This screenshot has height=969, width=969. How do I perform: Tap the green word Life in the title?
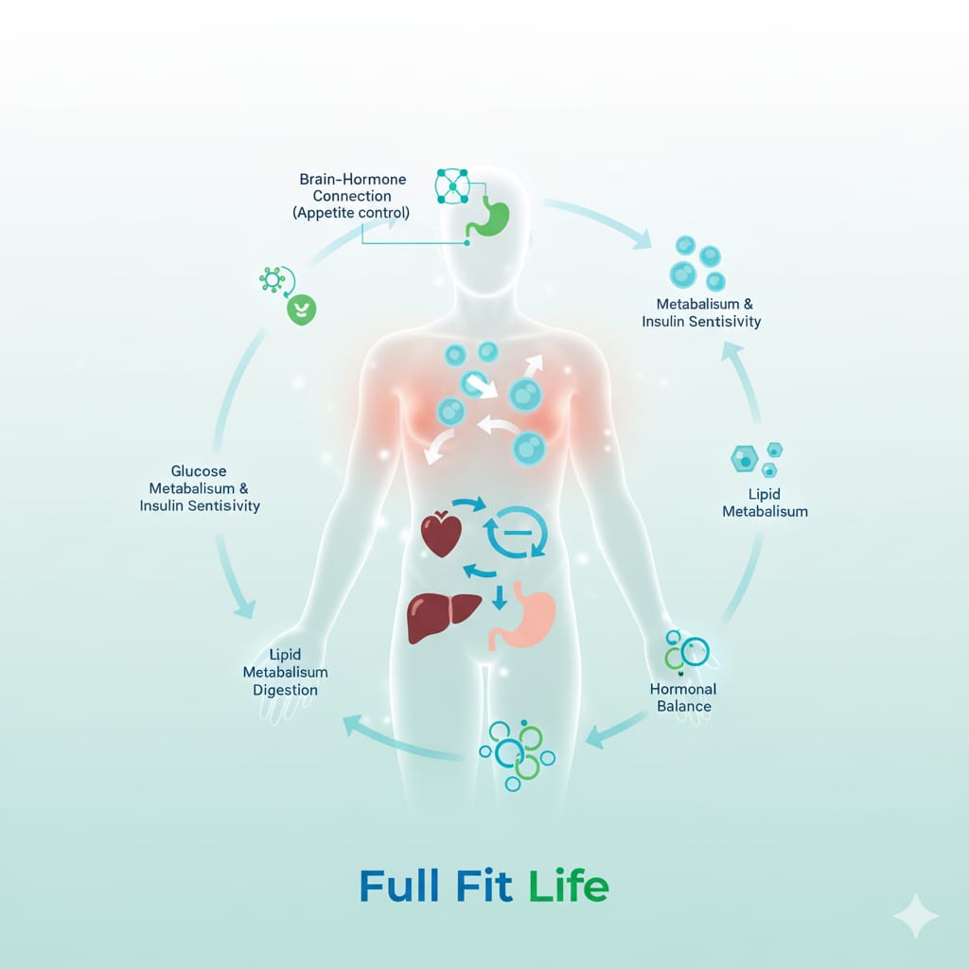[568, 887]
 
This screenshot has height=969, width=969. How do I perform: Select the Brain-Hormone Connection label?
[351, 196]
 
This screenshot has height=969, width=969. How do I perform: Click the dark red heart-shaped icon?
[441, 535]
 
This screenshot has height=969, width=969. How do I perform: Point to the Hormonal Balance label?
[682, 697]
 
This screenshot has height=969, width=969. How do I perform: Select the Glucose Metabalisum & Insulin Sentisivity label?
[200, 488]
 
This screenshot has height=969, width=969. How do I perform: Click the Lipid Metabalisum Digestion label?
[285, 672]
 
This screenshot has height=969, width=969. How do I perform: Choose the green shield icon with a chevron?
[302, 308]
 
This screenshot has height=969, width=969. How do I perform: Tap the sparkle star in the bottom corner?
[915, 915]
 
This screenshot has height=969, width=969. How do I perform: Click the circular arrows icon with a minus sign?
[515, 535]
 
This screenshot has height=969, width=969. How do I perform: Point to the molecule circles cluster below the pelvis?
[517, 752]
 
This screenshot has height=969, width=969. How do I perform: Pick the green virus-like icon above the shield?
[273, 279]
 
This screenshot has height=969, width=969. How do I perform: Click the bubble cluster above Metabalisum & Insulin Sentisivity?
[697, 262]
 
